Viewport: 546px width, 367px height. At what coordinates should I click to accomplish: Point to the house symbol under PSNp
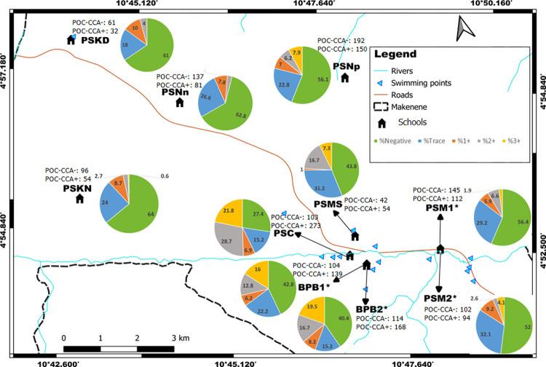[x=345, y=77]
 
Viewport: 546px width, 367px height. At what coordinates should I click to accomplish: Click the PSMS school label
[x=328, y=205]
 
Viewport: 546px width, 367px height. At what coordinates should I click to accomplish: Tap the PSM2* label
[x=440, y=299]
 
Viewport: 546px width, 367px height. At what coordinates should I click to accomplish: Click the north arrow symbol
[x=465, y=31]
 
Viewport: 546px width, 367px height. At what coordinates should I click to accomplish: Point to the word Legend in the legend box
[x=395, y=54]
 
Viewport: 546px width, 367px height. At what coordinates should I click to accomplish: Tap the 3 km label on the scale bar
[x=179, y=338]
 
